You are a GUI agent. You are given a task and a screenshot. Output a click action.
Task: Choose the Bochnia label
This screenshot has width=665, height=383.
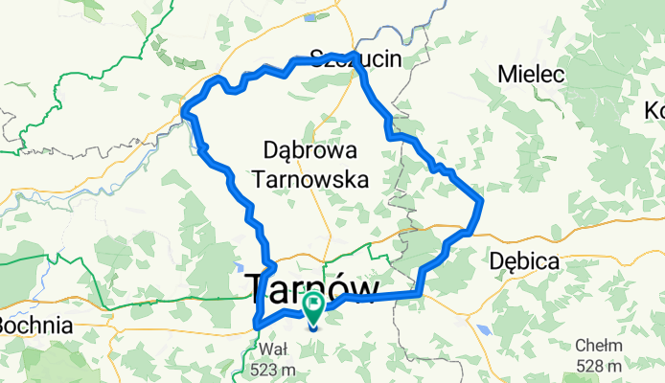pos(35,326)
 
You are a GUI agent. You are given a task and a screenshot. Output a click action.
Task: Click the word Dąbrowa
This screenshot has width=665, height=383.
pos(310,150)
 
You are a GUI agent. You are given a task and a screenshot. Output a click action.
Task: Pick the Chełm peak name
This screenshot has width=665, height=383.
pos(600,347)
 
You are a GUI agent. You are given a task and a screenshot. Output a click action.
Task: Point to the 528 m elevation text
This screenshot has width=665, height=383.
pos(600,366)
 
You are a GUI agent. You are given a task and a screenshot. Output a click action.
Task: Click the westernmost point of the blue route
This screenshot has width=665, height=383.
pos(183,116)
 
